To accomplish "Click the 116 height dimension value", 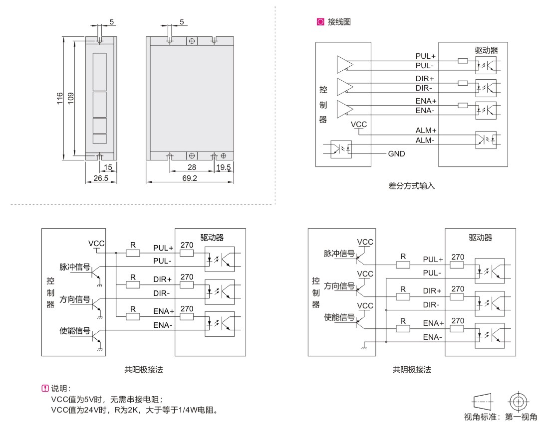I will click(x=60, y=98).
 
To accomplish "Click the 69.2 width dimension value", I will click(x=190, y=178).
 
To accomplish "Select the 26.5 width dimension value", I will click(x=101, y=178).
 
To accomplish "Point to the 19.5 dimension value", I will click(x=223, y=167).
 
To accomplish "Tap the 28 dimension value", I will click(x=191, y=167).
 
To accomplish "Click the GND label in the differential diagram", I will click(x=397, y=154).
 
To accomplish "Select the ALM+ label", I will click(x=426, y=131).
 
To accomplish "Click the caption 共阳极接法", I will click(x=144, y=370).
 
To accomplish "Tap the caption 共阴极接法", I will click(x=412, y=370).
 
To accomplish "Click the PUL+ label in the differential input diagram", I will click(x=425, y=56).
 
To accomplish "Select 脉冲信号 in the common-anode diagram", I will click(x=75, y=267).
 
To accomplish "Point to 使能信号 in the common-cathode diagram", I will click(x=339, y=317).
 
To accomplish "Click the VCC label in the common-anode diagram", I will click(x=96, y=243).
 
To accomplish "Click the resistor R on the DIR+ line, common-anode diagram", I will click(x=133, y=285).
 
